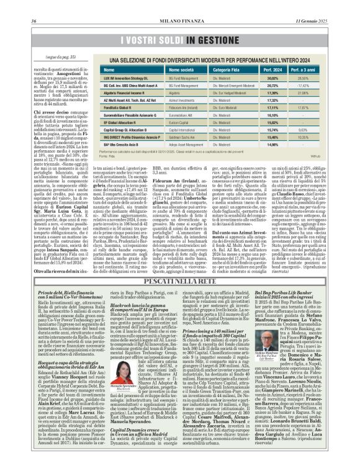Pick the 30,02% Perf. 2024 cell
click(x=289, y=79)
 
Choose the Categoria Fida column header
click(x=232, y=71)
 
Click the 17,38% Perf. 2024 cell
click(x=289, y=93)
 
